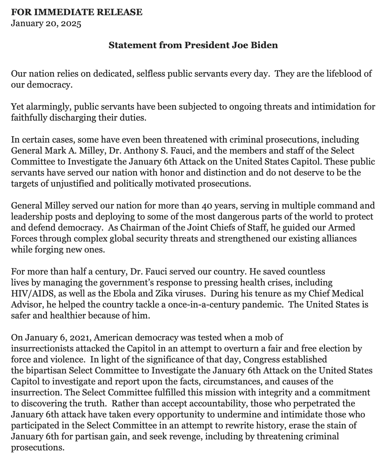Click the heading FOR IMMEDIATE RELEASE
click(76, 12)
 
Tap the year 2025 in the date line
click(71, 24)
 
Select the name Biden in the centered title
click(266, 45)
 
